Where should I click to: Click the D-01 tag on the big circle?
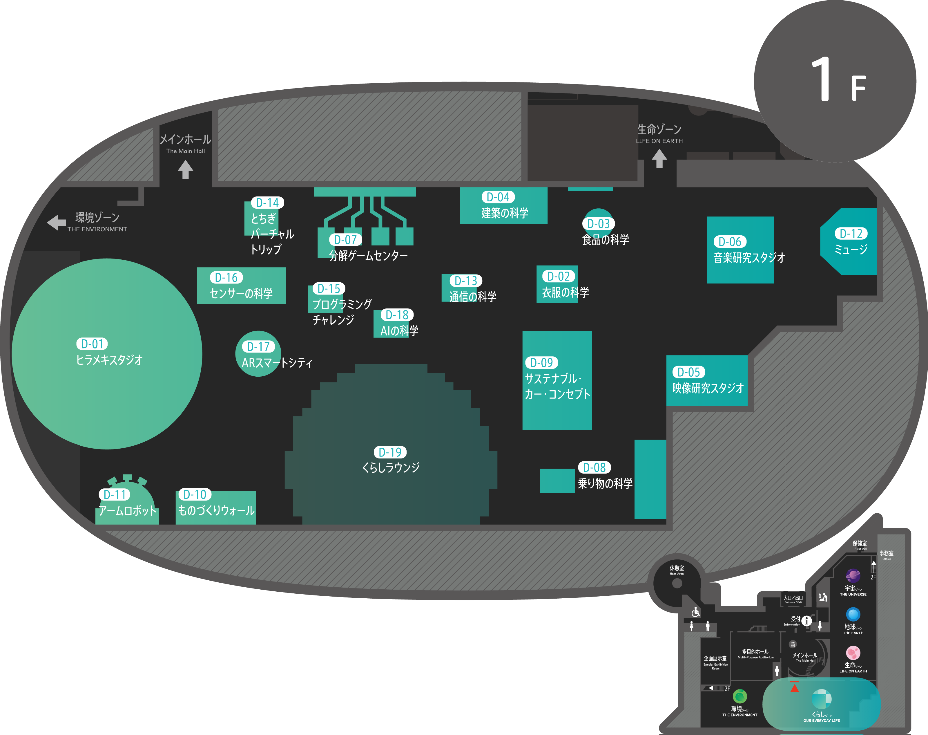[92, 344]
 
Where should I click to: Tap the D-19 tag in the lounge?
[390, 452]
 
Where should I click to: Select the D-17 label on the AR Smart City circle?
[258, 346]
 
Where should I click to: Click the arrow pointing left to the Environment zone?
[56, 223]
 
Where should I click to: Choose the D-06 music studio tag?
[730, 242]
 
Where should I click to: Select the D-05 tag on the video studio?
[688, 372]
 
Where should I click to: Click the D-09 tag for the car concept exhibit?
[541, 363]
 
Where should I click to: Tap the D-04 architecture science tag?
[498, 197]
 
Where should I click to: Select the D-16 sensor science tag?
[226, 278]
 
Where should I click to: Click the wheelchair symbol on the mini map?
[695, 612]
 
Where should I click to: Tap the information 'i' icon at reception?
[807, 621]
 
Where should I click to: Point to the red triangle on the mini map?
[794, 688]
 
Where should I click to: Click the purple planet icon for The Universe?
[853, 575]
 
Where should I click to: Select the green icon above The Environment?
[740, 696]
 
